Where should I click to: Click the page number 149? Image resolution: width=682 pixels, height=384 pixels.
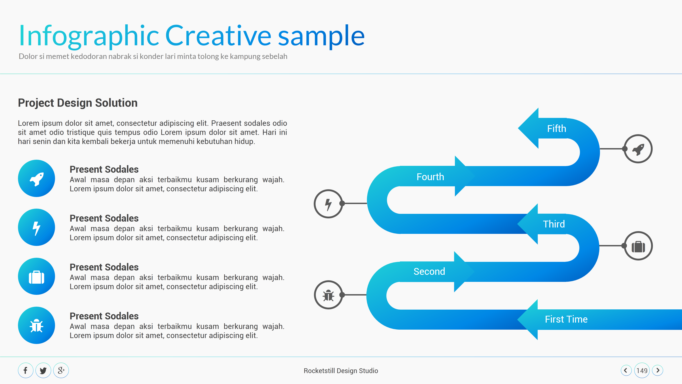tap(642, 371)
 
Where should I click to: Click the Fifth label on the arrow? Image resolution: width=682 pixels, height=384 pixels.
tap(557, 129)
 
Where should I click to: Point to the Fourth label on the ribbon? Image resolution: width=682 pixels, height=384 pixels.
tap(430, 177)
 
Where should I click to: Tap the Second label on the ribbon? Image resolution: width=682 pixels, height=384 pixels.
tap(429, 271)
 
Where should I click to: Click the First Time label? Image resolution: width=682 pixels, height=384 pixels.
tap(566, 319)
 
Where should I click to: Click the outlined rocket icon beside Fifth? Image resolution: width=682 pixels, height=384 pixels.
tap(638, 149)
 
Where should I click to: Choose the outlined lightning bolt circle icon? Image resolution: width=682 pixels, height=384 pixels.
tap(328, 204)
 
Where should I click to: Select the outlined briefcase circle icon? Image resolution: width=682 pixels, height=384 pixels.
tap(638, 246)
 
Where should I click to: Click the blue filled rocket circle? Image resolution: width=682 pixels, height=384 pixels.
tap(37, 178)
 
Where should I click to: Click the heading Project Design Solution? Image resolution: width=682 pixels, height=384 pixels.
tap(78, 103)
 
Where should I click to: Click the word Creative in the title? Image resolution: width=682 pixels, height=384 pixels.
tap(218, 35)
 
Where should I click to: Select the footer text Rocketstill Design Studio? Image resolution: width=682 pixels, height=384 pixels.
tap(341, 371)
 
